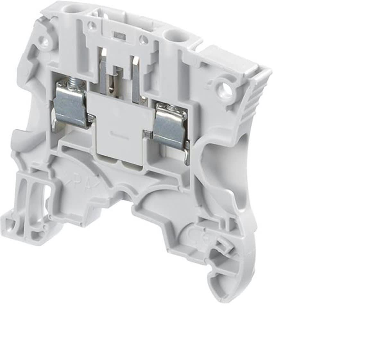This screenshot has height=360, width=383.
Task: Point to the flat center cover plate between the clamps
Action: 119,128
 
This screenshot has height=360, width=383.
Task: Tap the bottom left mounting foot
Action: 19,225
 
